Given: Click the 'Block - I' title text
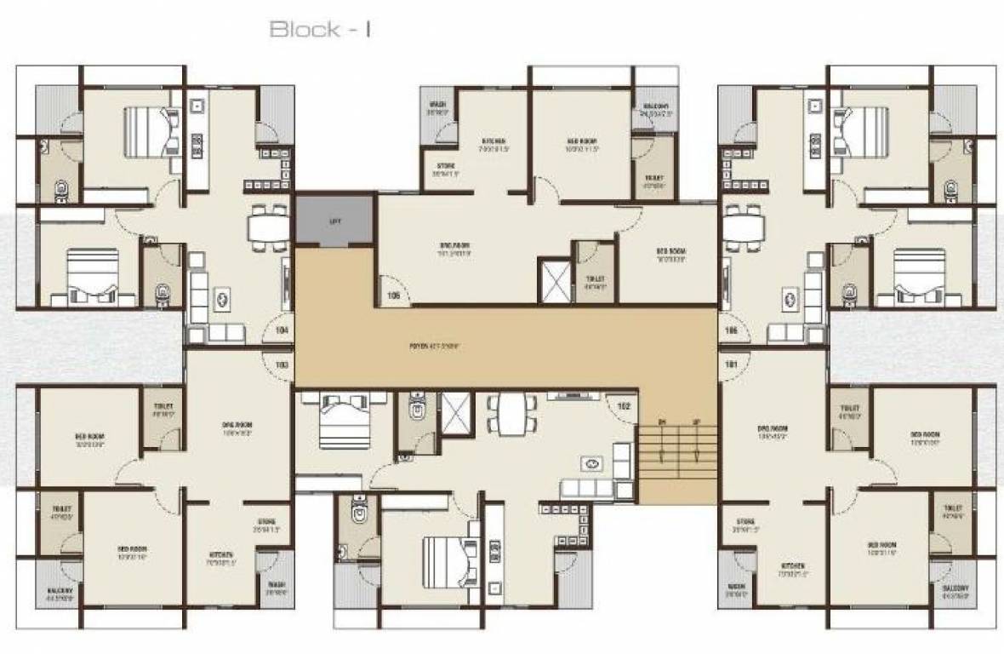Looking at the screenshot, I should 321,29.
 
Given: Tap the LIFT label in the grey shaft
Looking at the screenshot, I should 334,220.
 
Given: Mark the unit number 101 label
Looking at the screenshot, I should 730,364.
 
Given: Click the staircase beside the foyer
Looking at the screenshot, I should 678,456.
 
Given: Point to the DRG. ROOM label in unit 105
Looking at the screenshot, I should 454,250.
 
